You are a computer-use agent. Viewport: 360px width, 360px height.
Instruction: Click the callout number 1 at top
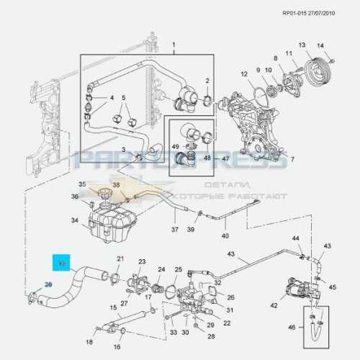pyautogui.click(x=173, y=45)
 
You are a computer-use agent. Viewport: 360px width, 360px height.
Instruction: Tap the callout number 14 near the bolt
pyautogui.click(x=321, y=46)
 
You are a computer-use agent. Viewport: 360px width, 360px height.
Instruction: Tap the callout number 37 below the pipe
pyautogui.click(x=174, y=230)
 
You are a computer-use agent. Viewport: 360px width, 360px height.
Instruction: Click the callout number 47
pyautogui.click(x=225, y=158)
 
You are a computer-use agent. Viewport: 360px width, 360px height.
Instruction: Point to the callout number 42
pyautogui.click(x=274, y=305)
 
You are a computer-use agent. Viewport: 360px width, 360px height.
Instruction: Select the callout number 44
pyautogui.click(x=295, y=238)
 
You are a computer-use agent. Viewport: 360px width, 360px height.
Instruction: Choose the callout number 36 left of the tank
pyautogui.click(x=74, y=197)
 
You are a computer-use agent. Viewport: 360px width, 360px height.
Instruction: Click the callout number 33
pyautogui.click(x=174, y=332)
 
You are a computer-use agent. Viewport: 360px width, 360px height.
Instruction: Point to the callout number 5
pyautogui.click(x=123, y=98)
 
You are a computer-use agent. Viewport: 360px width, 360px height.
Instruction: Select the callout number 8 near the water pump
pyautogui.click(x=275, y=58)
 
